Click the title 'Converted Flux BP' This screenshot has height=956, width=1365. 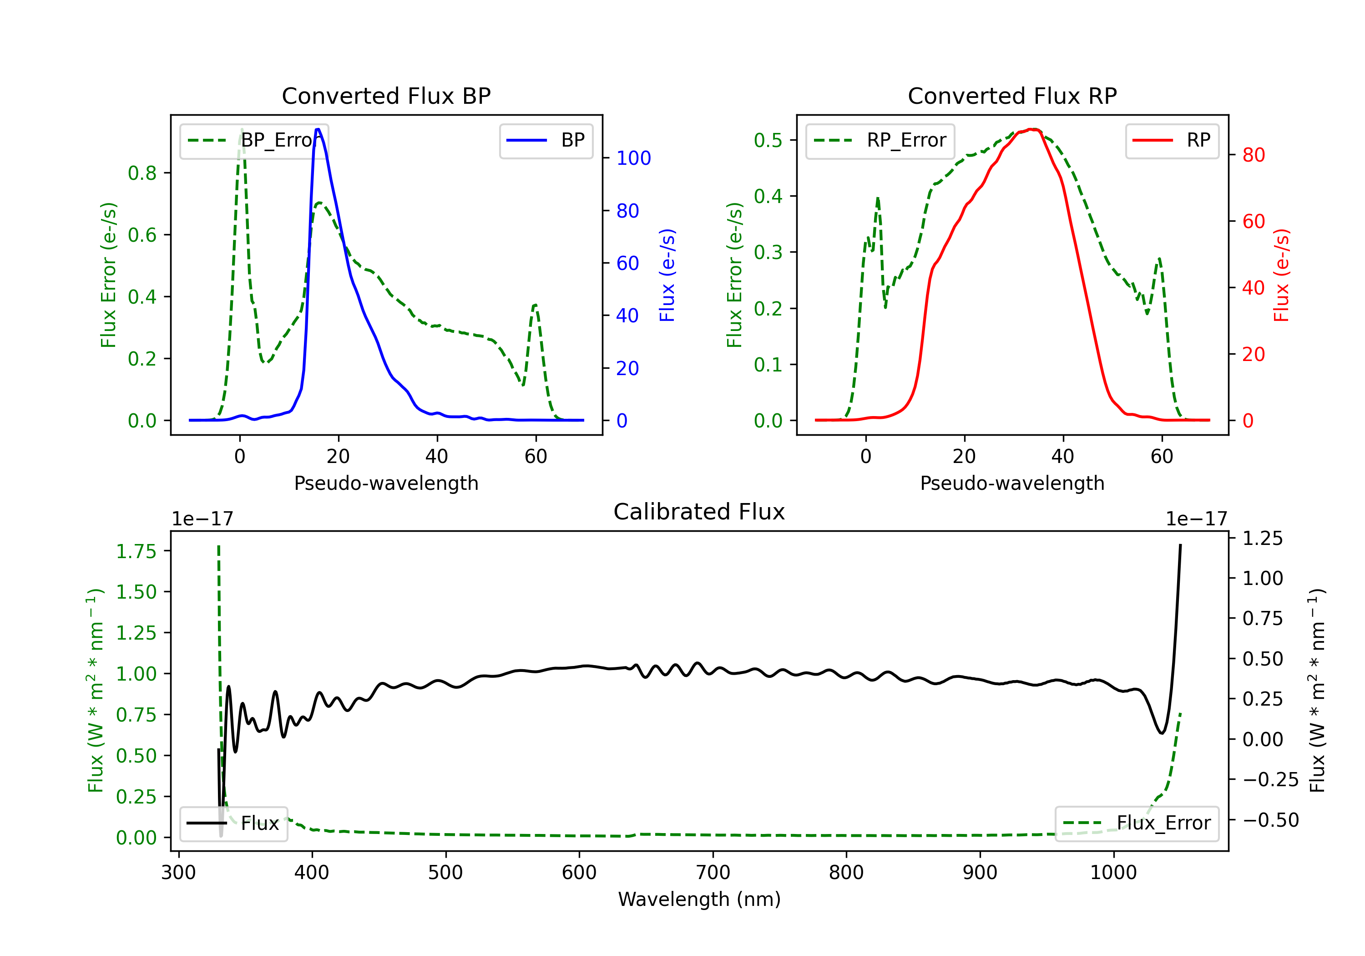[386, 96]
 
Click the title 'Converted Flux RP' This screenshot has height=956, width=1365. [1012, 96]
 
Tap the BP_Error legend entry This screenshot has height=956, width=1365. [254, 140]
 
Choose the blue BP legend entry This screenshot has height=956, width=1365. [546, 140]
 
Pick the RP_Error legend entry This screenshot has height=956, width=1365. [880, 140]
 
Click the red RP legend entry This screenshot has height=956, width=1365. [1171, 140]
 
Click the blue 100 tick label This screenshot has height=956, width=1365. [633, 158]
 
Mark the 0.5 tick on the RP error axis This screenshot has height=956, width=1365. [768, 140]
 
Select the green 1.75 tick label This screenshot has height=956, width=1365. [136, 551]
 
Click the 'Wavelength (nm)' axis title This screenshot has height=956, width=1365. [699, 899]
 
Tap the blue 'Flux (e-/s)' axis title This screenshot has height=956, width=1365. [667, 275]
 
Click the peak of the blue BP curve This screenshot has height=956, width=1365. [318, 129]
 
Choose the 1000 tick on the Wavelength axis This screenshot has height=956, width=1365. [1113, 872]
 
